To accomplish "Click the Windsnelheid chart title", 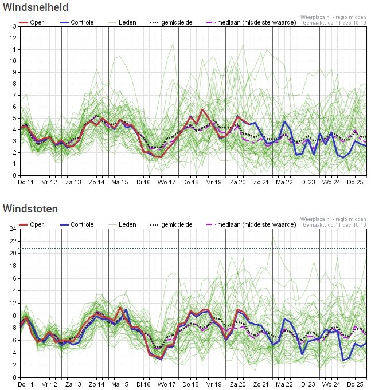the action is pos(36,7).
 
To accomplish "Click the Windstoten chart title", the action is pos(30,208).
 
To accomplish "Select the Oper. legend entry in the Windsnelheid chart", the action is pos(32,22).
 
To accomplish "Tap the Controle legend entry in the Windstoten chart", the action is pos(77,224).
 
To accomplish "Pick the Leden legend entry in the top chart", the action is pos(122,22).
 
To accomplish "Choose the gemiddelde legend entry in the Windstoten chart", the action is pos(171,224).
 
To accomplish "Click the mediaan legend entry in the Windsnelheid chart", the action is pos(252,22).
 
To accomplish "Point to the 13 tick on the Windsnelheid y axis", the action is pos(13,26).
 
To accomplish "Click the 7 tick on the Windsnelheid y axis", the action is pos(14,95).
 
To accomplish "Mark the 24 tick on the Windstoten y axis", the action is pos(13,229).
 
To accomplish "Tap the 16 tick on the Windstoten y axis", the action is pos(13,278).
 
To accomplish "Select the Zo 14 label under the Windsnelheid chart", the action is pos(96,182).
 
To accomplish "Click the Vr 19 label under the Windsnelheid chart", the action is pos(214,182).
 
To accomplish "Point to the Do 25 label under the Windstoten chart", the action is pos(355,384).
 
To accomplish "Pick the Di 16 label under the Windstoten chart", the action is pos(143,384).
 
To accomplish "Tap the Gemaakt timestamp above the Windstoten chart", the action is pos(334,225).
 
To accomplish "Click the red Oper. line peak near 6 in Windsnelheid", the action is pos(202,109).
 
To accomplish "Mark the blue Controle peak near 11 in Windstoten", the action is pos(126,309).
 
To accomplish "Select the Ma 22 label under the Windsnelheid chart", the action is pos(284,182).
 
